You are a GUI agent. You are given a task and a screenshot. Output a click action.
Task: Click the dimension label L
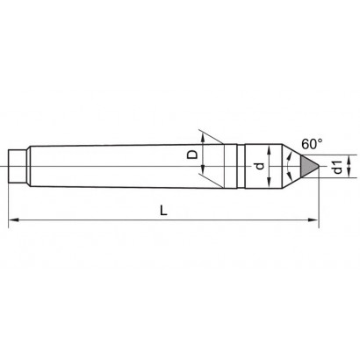[x=163, y=210]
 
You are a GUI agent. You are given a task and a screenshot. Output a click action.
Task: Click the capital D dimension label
[x=192, y=155]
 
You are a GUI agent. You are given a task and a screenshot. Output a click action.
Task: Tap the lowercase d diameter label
[x=259, y=166]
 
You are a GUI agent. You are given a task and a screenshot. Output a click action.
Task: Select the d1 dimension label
[x=337, y=167]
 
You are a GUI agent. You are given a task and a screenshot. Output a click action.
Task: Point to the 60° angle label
[x=313, y=144]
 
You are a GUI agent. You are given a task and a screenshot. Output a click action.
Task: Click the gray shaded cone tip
[x=308, y=166]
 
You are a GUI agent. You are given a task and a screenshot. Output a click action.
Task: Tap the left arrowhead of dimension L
[x=13, y=220]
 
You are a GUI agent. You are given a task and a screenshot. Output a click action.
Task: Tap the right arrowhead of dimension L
[x=313, y=220]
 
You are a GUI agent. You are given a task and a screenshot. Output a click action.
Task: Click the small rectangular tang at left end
[x=18, y=166]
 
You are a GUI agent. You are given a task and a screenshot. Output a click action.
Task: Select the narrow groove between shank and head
[x=241, y=166]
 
